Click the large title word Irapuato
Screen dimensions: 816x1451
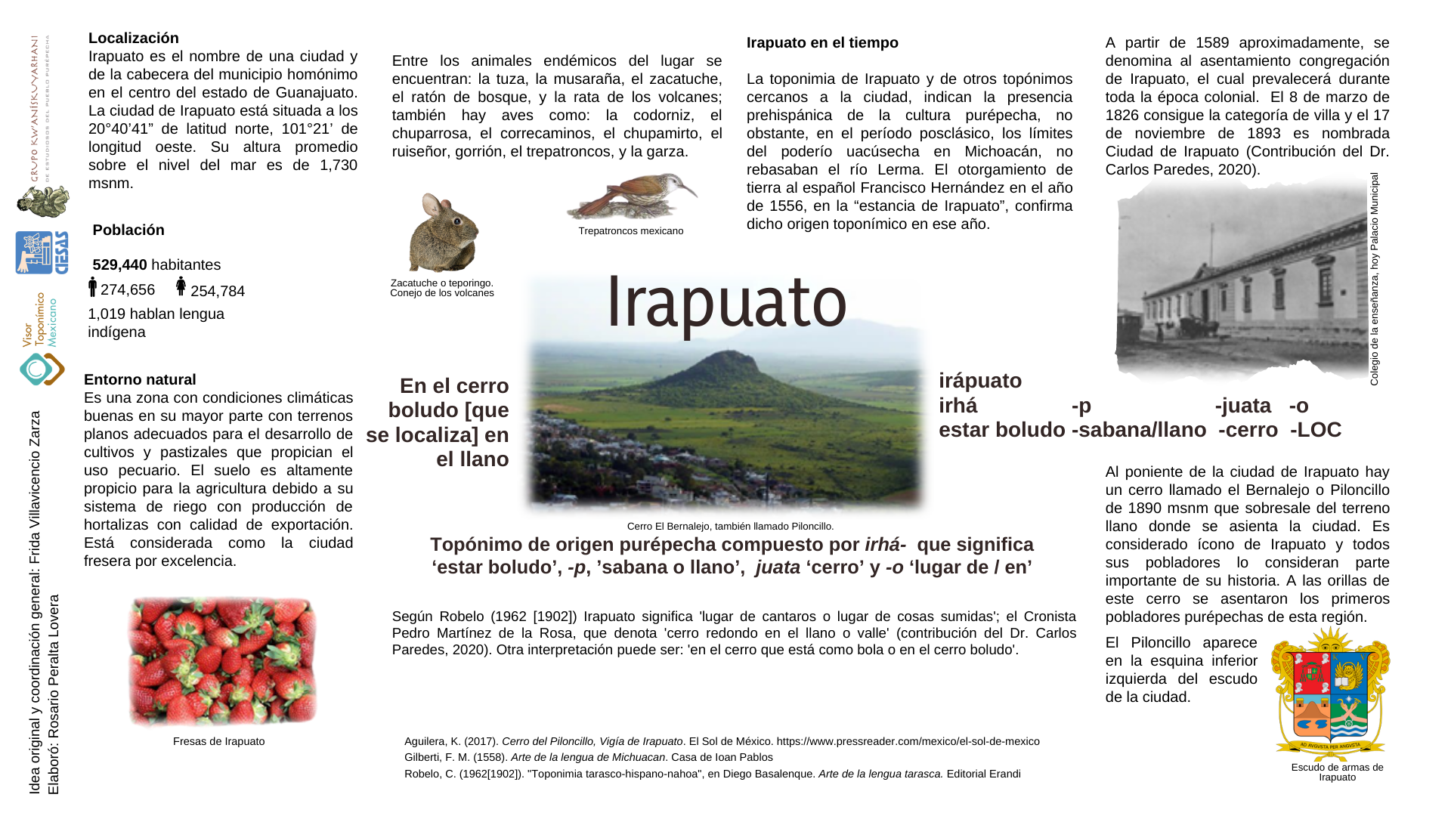(x=726, y=302)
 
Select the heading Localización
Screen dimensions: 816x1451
(x=134, y=39)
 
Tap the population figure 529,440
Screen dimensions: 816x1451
(x=119, y=265)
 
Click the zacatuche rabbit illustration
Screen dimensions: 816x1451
(x=443, y=233)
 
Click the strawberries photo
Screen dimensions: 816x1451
(x=222, y=661)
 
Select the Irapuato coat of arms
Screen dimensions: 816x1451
(x=1330, y=695)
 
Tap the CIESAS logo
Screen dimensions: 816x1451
(x=42, y=252)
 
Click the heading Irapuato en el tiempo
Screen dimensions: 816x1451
(x=822, y=43)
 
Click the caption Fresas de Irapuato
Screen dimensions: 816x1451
(x=218, y=741)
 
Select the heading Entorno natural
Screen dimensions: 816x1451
(x=140, y=380)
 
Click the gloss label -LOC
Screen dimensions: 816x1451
(x=1316, y=430)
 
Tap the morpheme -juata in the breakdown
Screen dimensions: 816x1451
(x=1243, y=406)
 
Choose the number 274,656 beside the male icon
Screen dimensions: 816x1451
(x=128, y=290)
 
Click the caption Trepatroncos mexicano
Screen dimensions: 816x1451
(x=631, y=231)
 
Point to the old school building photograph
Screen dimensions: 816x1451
(x=1239, y=280)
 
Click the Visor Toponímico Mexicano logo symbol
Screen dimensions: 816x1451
(x=42, y=369)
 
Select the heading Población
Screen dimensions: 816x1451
(x=128, y=230)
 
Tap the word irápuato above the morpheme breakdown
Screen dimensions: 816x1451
(x=980, y=381)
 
